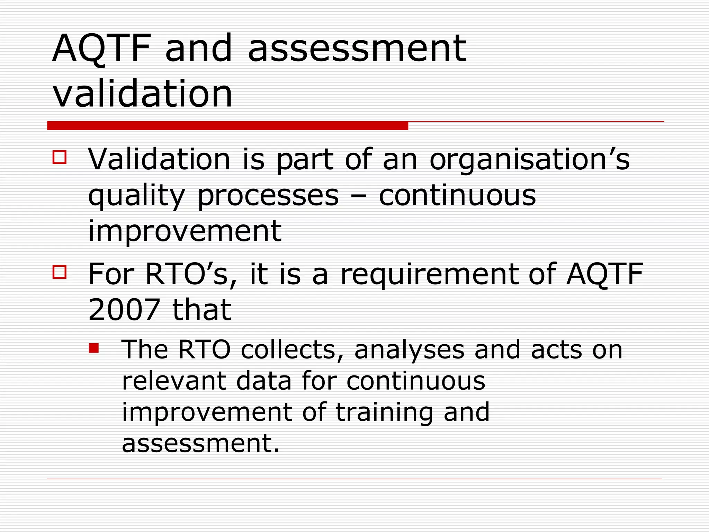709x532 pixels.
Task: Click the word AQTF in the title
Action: click(x=101, y=48)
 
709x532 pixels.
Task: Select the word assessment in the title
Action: click(x=357, y=48)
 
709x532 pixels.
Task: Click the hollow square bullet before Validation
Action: click(x=60, y=157)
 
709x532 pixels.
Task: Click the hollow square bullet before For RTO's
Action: click(x=60, y=272)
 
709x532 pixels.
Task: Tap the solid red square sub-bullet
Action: click(x=93, y=348)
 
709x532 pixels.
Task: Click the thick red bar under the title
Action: click(x=227, y=126)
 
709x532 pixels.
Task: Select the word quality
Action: click(x=136, y=196)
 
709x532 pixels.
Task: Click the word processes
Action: click(x=268, y=196)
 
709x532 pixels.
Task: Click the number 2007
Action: click(x=124, y=310)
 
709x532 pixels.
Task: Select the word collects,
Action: click(x=292, y=350)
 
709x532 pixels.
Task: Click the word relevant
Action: click(x=174, y=381)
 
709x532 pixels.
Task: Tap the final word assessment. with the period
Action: click(x=200, y=444)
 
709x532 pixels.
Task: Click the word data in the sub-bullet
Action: click(x=264, y=381)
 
